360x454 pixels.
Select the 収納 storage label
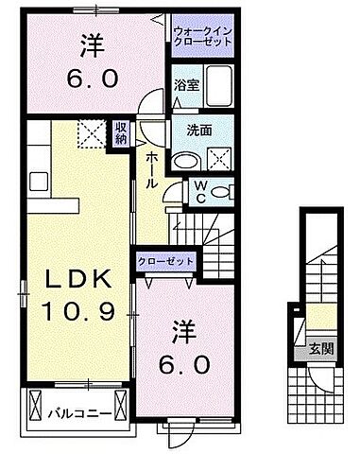(122, 133)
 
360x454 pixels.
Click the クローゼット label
(166, 262)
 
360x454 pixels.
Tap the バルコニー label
(72, 413)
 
